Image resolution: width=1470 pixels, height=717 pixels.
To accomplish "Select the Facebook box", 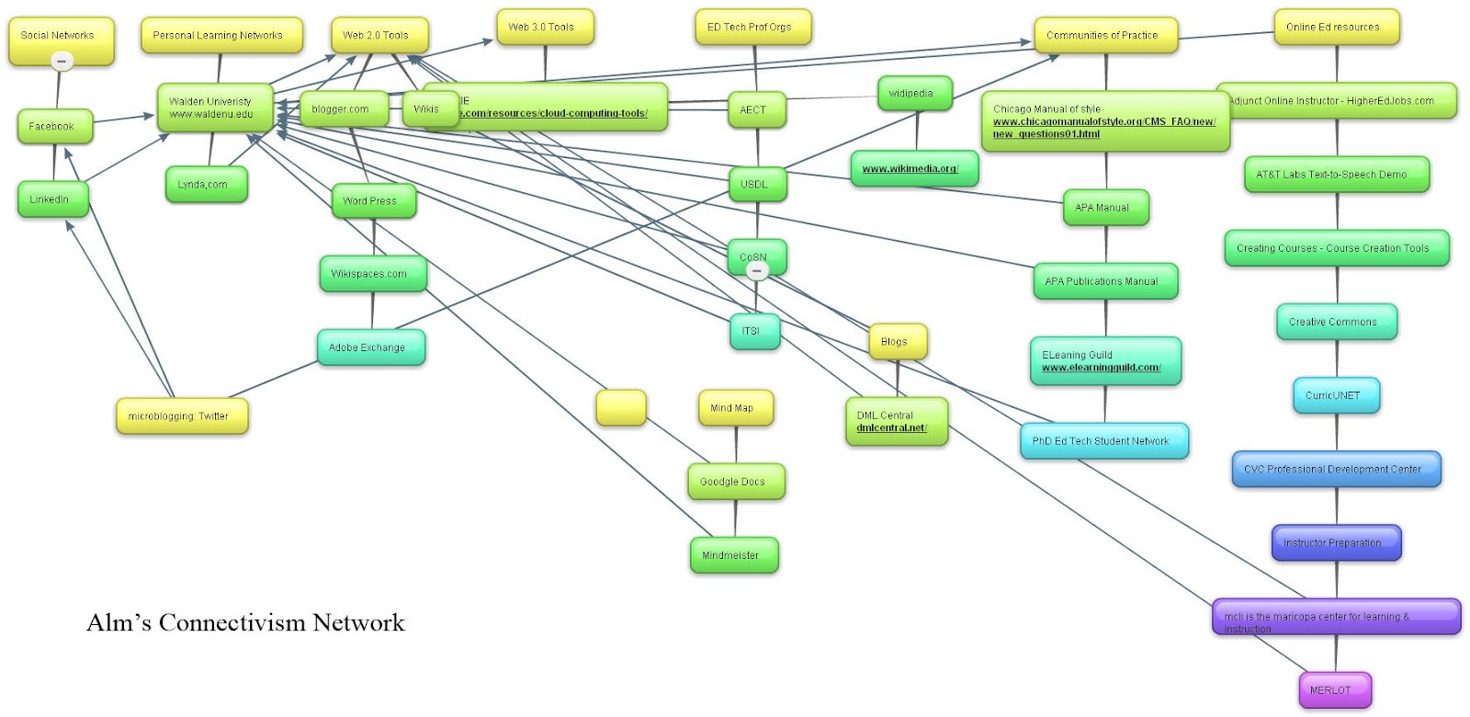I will pos(54,127).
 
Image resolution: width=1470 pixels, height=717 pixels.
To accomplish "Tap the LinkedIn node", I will pos(52,199).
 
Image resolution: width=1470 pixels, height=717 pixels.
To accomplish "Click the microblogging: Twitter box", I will pos(181,416).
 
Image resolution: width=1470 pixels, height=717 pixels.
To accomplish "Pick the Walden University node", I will pos(214,108).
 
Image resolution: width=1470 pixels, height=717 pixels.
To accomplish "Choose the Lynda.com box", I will pos(205,185).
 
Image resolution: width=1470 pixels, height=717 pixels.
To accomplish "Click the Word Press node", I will pos(373,200).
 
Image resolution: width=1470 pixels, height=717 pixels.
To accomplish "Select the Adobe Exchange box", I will pos(370,347).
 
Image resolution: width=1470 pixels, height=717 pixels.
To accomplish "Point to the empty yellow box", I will pos(621,407).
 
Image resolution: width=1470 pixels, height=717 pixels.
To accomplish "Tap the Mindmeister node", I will pos(733,555).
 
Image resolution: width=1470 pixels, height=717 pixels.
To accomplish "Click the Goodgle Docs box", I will pos(735,482).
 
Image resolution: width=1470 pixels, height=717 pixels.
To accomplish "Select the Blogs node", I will pos(897,342).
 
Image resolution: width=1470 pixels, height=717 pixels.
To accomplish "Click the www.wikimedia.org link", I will pos(910,169).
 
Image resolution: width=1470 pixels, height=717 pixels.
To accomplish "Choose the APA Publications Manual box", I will pos(1104,281).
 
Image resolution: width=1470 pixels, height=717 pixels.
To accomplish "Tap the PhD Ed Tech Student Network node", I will pos(1103,441).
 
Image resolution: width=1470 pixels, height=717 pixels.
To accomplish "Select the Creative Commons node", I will pos(1335,322).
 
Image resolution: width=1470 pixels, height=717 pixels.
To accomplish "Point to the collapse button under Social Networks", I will pos(62,62).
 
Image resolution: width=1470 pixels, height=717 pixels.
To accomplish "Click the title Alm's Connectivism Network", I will pos(245,623).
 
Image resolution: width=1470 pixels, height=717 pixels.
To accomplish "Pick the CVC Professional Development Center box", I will pos(1335,469).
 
